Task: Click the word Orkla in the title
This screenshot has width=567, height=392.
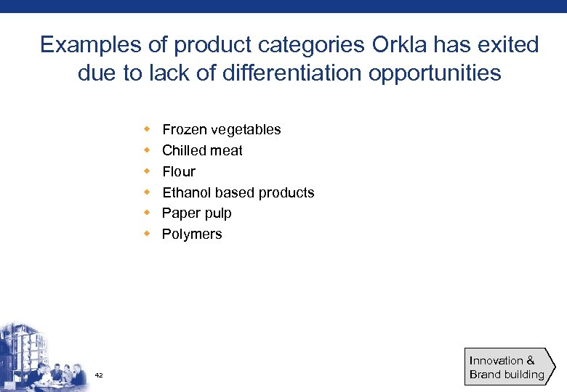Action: [x=400, y=45]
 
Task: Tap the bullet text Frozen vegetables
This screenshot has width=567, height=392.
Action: [x=221, y=129]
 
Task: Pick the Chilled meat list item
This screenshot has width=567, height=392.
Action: [x=202, y=150]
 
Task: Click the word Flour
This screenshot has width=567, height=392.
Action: [x=179, y=171]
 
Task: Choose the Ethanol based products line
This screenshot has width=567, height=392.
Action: [x=238, y=192]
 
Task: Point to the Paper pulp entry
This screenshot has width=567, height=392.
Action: [x=196, y=213]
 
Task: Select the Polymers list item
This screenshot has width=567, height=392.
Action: [x=192, y=234]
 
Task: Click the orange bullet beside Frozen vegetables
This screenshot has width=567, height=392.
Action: [x=146, y=129]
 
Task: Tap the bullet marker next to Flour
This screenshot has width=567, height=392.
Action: [x=146, y=171]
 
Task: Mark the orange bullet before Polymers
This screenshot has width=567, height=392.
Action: [x=146, y=234]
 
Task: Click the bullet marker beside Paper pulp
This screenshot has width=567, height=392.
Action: [x=146, y=213]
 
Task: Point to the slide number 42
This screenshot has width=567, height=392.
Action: [x=99, y=375]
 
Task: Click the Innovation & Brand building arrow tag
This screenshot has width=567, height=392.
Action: [x=509, y=367]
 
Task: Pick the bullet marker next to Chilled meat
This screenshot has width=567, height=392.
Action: [x=146, y=150]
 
